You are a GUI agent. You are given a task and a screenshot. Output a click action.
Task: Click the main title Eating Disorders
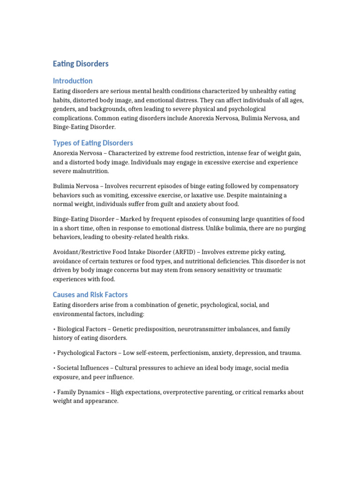(x=81, y=63)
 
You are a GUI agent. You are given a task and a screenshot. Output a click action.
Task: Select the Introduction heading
(x=73, y=81)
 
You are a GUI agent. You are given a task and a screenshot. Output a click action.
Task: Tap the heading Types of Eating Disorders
(x=93, y=143)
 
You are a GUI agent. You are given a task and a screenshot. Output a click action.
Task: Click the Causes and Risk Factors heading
(x=90, y=295)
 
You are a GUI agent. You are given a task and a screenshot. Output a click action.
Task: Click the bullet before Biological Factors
(x=54, y=329)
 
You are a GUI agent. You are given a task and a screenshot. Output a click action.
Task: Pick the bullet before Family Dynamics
(x=54, y=392)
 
